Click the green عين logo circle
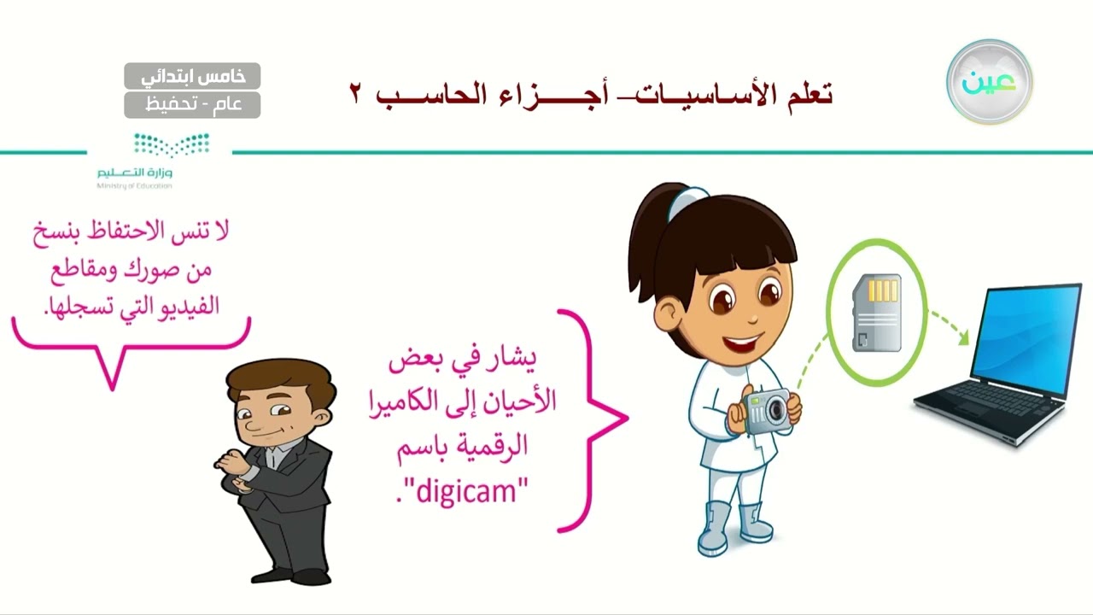[x=990, y=82]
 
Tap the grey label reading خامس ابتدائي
[x=192, y=76]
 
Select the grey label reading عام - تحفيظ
[x=192, y=104]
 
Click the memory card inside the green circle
[x=877, y=313]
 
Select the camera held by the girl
[x=767, y=412]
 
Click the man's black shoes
[x=290, y=576]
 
